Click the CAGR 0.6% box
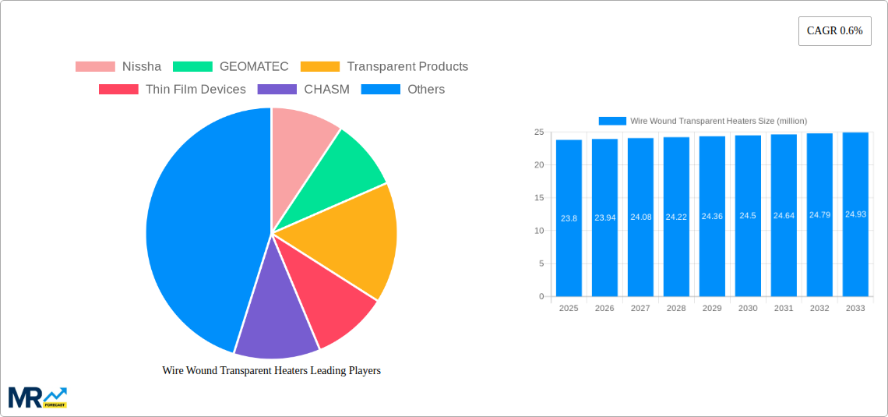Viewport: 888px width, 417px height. (x=834, y=31)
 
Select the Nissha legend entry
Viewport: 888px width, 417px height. (x=118, y=67)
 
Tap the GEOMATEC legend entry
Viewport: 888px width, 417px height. (x=231, y=67)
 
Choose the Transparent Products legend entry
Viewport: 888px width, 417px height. (x=384, y=67)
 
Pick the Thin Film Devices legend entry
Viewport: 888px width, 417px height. (x=172, y=90)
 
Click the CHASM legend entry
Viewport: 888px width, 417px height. (x=303, y=90)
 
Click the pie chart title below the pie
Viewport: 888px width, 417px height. (x=271, y=371)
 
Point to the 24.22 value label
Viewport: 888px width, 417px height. (x=676, y=217)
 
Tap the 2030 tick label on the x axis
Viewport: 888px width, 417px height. (x=748, y=309)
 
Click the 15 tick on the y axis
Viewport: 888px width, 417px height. (x=538, y=198)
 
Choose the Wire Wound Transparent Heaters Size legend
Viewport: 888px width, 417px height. (x=703, y=121)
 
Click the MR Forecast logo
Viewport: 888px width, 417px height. (x=37, y=398)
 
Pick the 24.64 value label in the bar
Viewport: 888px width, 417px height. (x=784, y=215)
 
